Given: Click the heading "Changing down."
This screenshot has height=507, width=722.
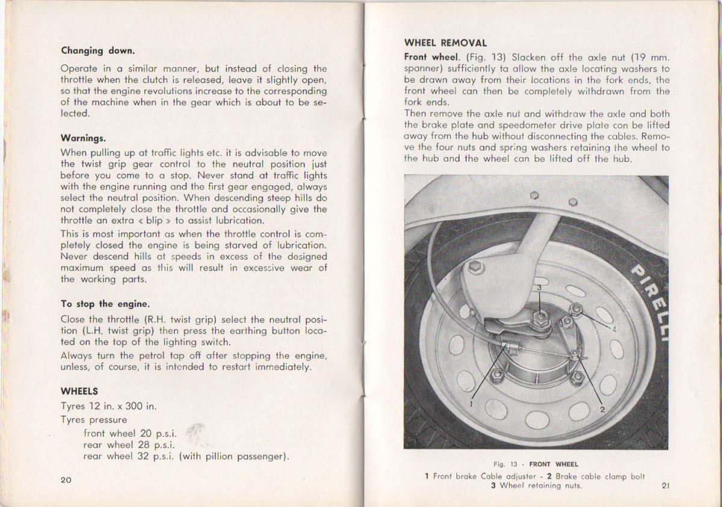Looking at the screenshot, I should [97, 51].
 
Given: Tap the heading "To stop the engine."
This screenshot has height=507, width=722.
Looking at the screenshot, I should [105, 303].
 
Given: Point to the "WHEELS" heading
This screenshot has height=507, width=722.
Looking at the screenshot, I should [79, 391].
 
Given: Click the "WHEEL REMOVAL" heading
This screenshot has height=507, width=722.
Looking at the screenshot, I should [445, 43].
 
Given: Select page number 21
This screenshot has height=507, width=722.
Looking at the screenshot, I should [665, 486].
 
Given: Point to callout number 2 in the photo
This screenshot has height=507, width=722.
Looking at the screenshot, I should [601, 410].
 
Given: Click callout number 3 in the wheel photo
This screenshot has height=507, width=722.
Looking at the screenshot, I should [540, 287].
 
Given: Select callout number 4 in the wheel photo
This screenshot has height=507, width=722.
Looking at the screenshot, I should [614, 329].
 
